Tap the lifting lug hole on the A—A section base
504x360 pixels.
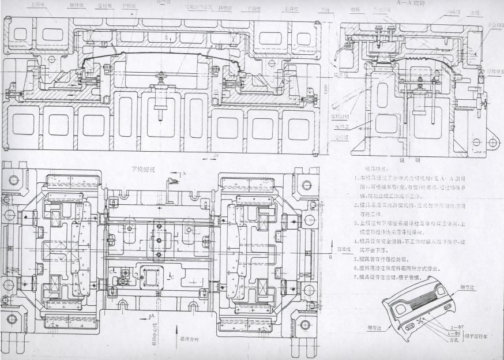pyautogui.click(x=492, y=142)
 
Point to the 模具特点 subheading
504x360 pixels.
pyautogui.click(x=377, y=168)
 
